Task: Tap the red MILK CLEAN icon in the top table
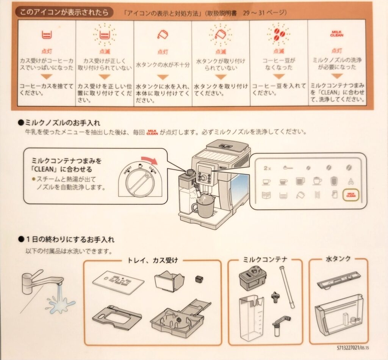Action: point(336,34)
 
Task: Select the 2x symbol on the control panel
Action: point(268,168)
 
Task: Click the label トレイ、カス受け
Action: point(152,260)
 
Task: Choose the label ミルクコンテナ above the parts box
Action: point(265,259)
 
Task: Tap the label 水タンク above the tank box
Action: point(338,259)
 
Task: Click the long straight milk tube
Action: point(287,287)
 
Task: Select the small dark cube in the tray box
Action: point(199,279)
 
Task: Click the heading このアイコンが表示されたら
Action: point(64,12)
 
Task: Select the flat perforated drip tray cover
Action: point(118,281)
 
